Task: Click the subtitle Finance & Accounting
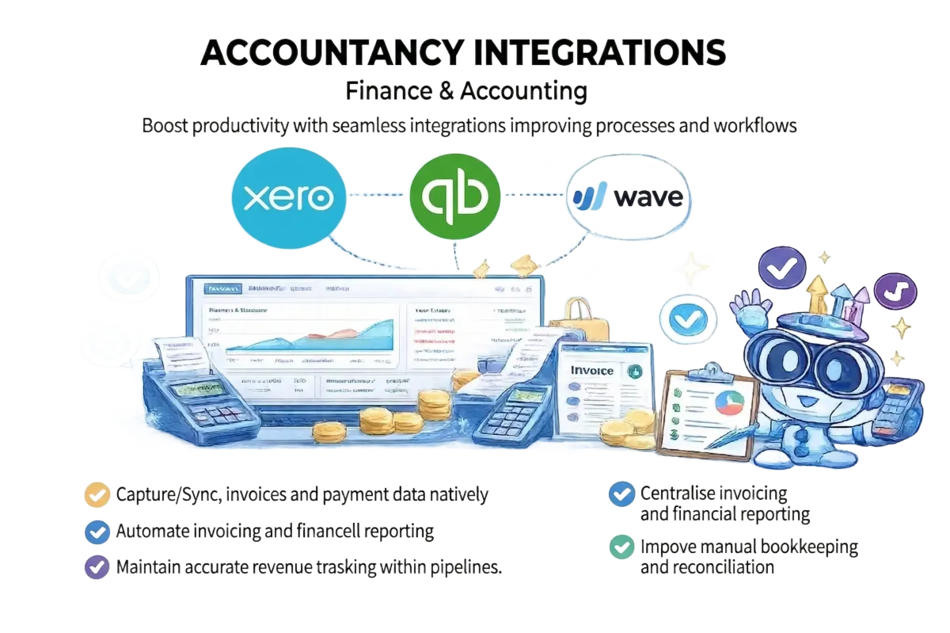tap(466, 91)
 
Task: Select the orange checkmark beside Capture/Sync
tap(97, 495)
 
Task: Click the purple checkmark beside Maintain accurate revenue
tap(97, 567)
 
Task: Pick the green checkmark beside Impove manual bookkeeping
tap(621, 547)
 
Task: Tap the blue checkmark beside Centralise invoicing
tap(621, 494)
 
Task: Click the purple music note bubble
tap(895, 291)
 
